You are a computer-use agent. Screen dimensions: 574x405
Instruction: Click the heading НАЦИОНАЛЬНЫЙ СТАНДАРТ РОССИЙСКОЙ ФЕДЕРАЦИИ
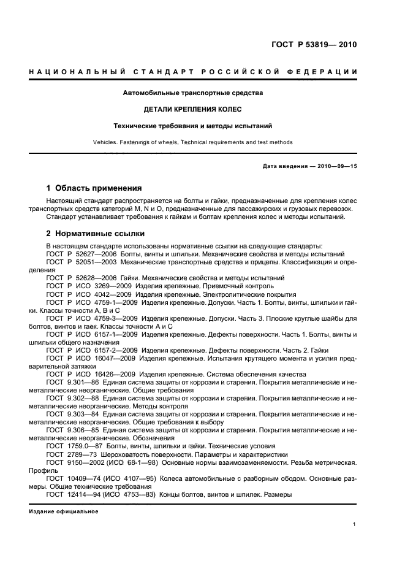click(193, 72)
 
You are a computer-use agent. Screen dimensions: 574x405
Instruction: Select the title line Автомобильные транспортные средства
click(193, 93)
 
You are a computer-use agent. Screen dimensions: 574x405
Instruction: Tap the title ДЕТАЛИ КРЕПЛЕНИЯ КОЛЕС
click(193, 110)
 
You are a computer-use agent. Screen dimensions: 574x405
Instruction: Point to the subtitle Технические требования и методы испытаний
click(193, 126)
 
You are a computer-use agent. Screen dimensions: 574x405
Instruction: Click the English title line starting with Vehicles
click(193, 142)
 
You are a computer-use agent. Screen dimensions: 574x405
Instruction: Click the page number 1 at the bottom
click(355, 524)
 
